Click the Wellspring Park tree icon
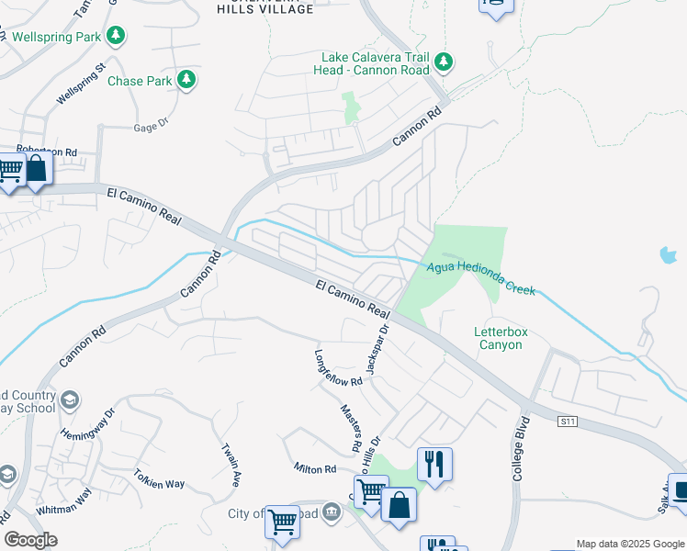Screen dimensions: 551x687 [116, 36]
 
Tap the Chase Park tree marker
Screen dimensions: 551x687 [186, 81]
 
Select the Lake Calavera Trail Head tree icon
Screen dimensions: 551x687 [444, 62]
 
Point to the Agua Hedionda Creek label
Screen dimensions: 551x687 [481, 278]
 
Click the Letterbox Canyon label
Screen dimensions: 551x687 [498, 338]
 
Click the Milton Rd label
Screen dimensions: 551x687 [315, 469]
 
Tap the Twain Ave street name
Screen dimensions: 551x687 [231, 465]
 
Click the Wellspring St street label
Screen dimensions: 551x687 [82, 83]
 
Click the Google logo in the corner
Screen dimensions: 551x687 [30, 540]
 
